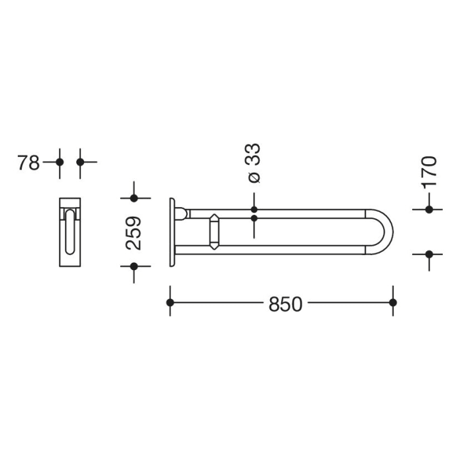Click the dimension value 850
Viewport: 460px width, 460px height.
tap(285, 304)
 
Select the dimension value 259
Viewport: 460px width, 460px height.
tap(134, 232)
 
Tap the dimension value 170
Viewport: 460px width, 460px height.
tap(428, 172)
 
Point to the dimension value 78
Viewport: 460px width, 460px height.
tap(28, 162)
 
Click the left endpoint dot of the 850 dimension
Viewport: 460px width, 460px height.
tap(170, 302)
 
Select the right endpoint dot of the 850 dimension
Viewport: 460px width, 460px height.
tap(393, 302)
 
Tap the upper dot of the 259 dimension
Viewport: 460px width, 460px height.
tap(134, 198)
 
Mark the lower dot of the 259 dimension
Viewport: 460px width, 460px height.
tap(134, 266)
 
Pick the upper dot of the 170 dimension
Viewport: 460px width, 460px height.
tap(429, 210)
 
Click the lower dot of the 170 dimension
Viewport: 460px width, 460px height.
tap(429, 254)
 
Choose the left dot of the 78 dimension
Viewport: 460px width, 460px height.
tap(60, 162)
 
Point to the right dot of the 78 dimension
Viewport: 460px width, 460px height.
tap(80, 162)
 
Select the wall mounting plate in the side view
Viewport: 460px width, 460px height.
tap(172, 232)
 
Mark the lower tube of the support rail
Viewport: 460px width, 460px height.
tap(276, 250)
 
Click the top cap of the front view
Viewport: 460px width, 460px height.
tap(70, 202)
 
